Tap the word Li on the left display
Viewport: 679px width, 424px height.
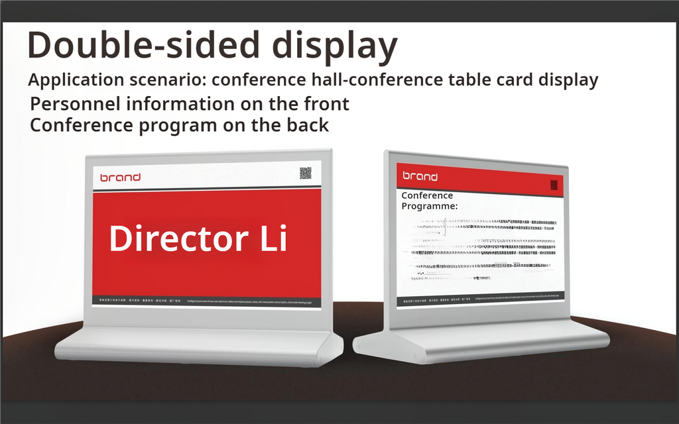[274, 238]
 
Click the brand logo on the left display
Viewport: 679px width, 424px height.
[120, 177]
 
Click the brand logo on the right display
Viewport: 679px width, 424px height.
[420, 176]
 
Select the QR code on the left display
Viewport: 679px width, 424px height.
[305, 173]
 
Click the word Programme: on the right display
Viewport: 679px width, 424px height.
[429, 206]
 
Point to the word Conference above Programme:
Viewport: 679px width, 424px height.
[427, 195]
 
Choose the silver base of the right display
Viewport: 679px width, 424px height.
[481, 341]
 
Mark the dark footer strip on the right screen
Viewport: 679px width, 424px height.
[481, 298]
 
